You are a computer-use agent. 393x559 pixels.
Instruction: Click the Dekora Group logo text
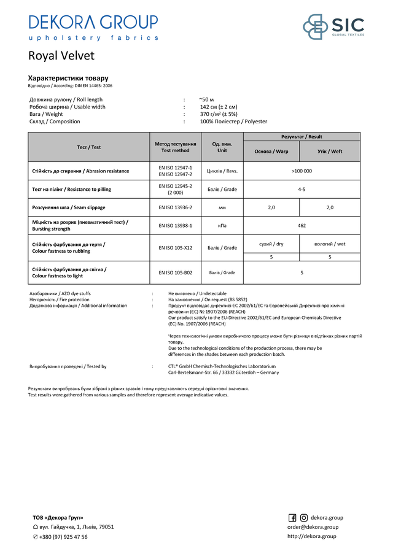(93, 23)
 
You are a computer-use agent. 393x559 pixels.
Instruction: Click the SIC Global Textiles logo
(333, 27)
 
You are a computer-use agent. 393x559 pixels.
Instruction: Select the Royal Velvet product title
(61, 56)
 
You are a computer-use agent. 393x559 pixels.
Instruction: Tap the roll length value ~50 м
(206, 99)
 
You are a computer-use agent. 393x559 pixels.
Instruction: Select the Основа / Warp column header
(271, 151)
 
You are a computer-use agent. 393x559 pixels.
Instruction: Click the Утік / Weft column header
(330, 151)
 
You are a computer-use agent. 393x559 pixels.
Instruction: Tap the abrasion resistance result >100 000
(302, 171)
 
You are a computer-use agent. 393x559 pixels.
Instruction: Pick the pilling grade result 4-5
(302, 189)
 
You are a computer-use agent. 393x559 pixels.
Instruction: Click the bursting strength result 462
(302, 226)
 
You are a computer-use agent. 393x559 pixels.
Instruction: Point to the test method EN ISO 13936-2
(175, 207)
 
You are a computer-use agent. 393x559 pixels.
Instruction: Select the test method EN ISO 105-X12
(175, 248)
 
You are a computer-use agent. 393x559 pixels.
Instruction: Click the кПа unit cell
(222, 226)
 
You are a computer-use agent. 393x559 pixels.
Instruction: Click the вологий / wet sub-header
(330, 244)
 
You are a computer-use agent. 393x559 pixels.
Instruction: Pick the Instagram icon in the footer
(303, 517)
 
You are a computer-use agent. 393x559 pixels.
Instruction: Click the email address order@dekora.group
(313, 527)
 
